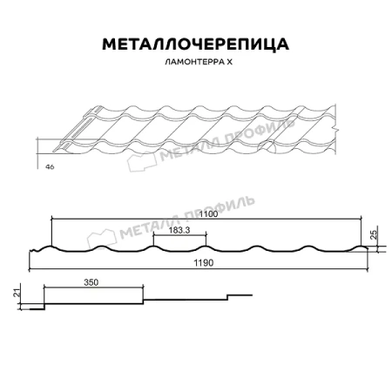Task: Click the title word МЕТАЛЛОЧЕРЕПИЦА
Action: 195,44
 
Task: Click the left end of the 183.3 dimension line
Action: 153,235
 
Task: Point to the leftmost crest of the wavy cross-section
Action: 52,247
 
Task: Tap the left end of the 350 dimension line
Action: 43,287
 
